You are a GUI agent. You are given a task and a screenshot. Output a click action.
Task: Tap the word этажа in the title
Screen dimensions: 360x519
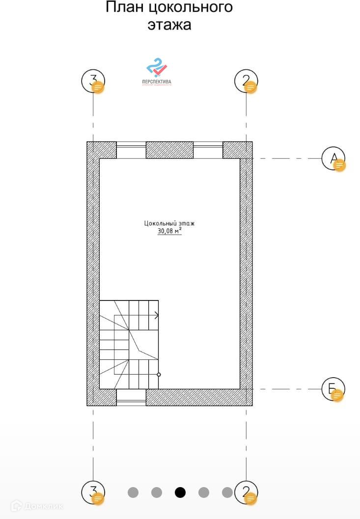(169, 25)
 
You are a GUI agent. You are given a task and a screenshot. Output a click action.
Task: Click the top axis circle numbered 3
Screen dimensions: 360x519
(93, 81)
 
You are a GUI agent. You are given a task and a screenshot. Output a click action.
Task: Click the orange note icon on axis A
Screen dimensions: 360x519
(339, 165)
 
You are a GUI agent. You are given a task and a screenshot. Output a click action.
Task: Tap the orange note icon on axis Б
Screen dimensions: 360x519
(337, 396)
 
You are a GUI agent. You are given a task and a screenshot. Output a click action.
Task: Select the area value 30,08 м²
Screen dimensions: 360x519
(169, 231)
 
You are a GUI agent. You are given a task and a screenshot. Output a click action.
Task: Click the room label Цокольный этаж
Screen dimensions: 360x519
(169, 223)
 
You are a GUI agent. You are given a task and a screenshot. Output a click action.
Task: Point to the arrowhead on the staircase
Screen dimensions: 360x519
(156, 315)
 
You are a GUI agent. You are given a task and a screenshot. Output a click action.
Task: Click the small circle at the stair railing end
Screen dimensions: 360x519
(159, 375)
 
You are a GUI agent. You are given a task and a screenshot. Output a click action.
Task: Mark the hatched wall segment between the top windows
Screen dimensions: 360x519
(169, 150)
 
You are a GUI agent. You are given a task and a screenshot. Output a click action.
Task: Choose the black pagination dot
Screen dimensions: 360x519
(180, 492)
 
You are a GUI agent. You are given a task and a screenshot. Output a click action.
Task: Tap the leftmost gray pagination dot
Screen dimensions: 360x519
(133, 492)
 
